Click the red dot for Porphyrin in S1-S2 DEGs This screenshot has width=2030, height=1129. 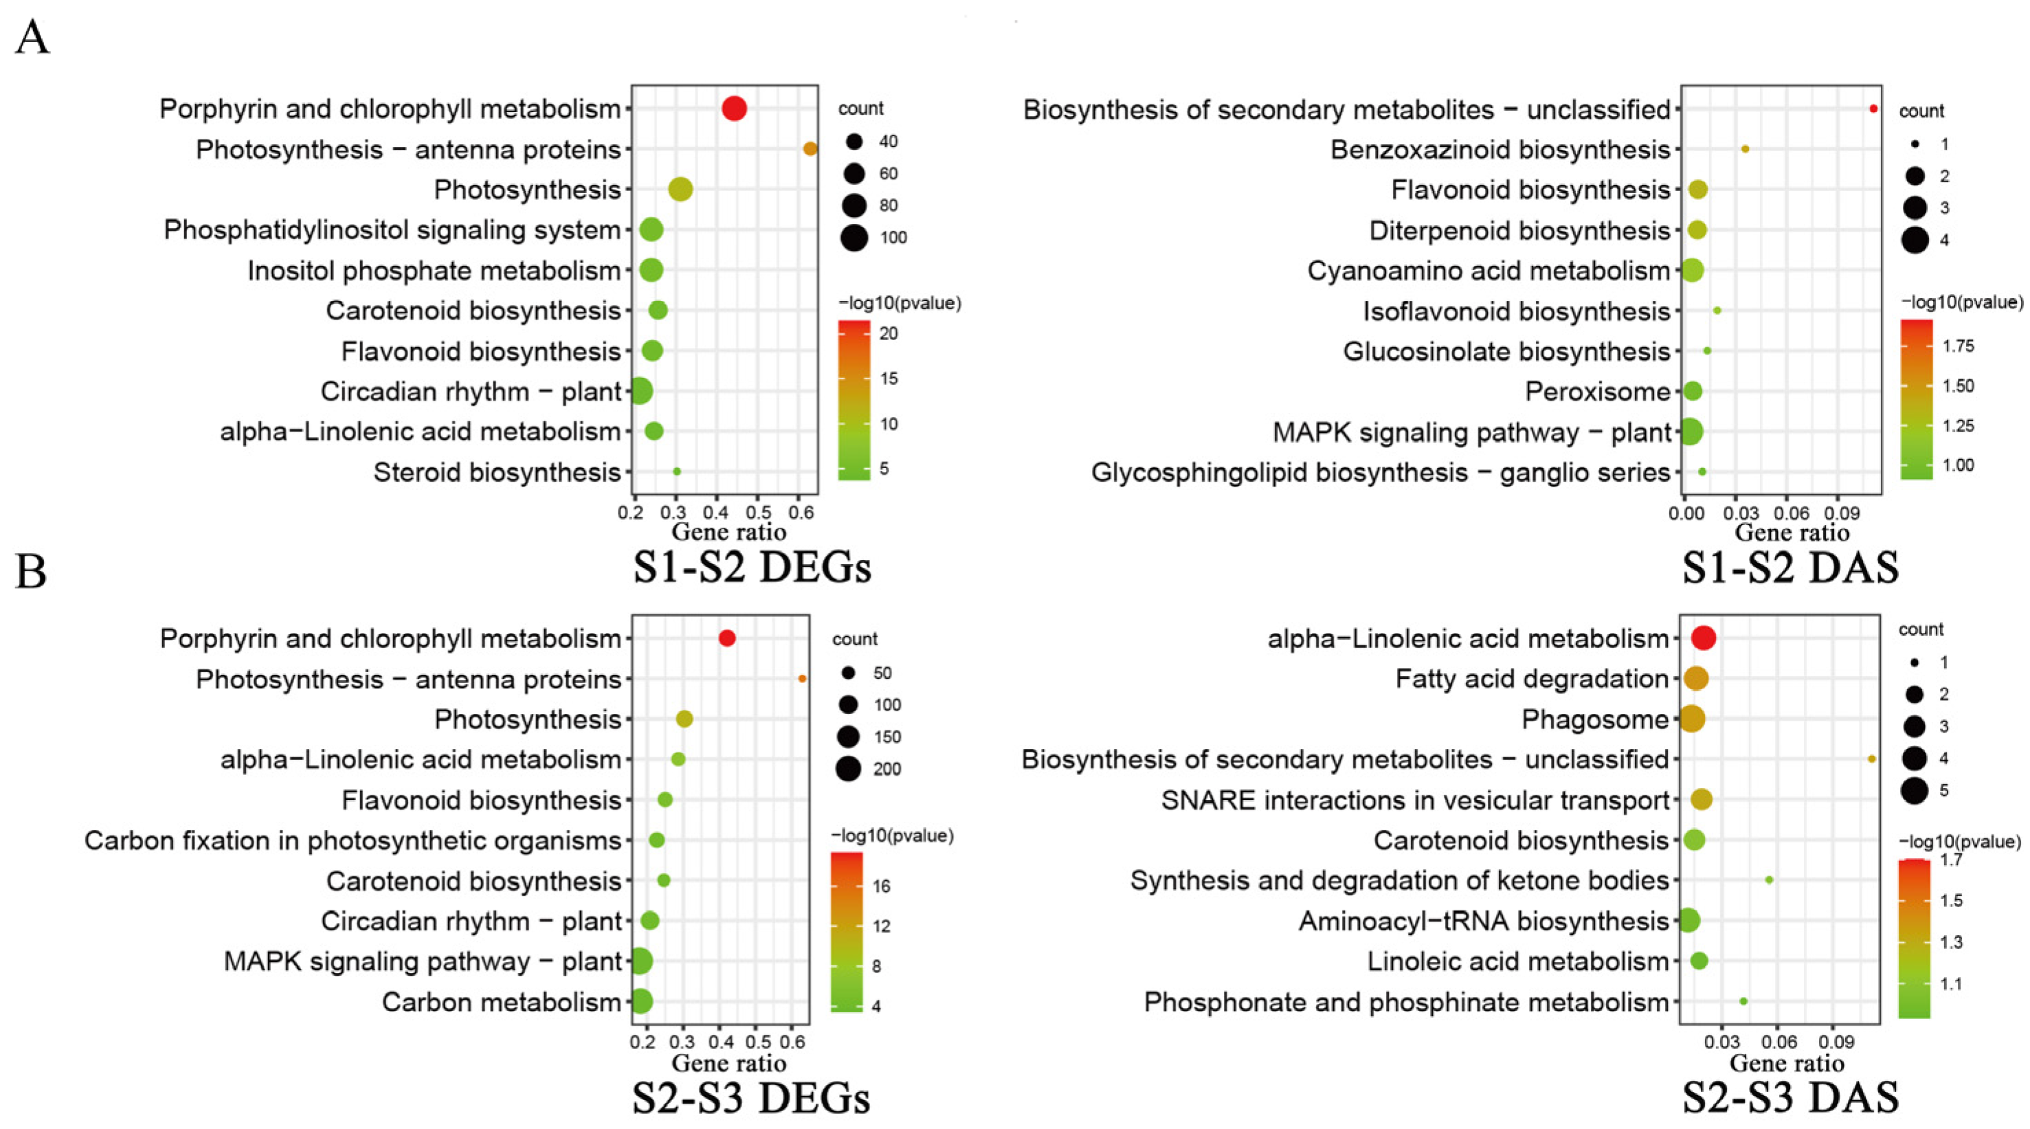tap(734, 108)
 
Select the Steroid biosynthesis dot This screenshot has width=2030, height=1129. tap(676, 471)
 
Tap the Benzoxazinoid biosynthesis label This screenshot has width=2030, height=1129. tap(1499, 149)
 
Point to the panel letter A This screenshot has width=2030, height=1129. tap(32, 37)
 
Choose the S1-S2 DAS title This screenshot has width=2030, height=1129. tap(1789, 568)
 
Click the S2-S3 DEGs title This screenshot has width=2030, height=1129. tap(751, 1097)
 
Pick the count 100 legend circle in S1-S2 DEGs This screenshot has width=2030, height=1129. tap(854, 237)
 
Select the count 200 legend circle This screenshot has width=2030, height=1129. tap(848, 768)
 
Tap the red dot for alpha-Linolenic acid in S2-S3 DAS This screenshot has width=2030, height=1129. tap(1703, 638)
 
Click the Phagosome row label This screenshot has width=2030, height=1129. tap(1594, 719)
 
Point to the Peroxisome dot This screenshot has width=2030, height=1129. tap(1692, 391)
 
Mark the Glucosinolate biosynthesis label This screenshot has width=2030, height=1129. tap(1506, 351)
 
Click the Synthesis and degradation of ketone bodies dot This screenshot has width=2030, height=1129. tap(1769, 880)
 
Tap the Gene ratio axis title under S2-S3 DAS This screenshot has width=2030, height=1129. tap(1787, 1063)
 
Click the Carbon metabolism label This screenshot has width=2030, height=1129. tap(501, 1002)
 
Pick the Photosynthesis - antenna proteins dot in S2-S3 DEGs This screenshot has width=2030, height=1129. tap(802, 678)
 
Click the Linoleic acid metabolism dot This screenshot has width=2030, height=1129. tap(1698, 961)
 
